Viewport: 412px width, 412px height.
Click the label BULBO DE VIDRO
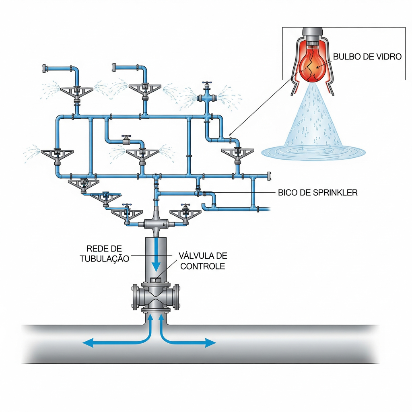tap(367, 57)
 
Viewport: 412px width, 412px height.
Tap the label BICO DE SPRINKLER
tap(317, 193)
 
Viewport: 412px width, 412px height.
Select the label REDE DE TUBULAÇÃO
tap(104, 254)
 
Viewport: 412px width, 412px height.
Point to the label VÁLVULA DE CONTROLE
tap(203, 261)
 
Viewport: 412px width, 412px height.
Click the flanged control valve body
tap(156, 297)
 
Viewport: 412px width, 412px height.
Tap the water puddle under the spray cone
tap(313, 152)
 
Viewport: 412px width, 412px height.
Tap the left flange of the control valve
tap(135, 297)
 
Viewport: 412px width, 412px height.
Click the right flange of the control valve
tap(177, 297)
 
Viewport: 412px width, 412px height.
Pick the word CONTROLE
tap(203, 266)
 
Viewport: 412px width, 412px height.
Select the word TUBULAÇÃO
tap(104, 259)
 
